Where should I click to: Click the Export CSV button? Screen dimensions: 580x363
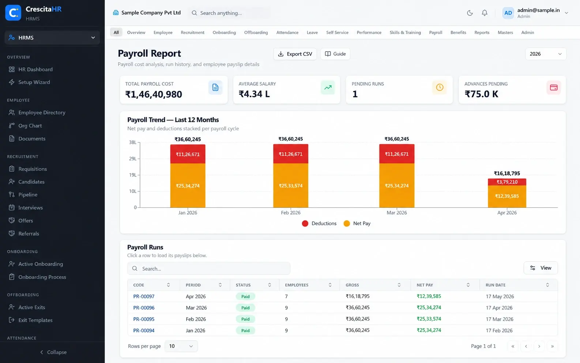pos(295,54)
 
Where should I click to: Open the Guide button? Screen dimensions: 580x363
pos(335,54)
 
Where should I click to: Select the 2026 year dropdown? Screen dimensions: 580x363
pos(546,54)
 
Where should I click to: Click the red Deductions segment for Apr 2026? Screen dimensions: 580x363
pos(507,182)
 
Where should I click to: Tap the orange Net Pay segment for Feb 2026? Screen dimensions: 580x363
pos(290,186)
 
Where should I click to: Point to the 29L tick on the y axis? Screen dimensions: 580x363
pos(133,158)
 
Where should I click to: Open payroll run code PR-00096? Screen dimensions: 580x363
pos(144,308)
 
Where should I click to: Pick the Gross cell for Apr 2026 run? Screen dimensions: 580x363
pos(358,296)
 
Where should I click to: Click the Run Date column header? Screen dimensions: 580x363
pos(495,285)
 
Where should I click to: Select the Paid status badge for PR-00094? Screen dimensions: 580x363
pos(245,330)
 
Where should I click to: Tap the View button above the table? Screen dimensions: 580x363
pos(541,268)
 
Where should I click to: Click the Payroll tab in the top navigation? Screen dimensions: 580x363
pos(436,33)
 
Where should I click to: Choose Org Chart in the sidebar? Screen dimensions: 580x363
pos(30,126)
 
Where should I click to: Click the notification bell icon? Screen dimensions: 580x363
pos(485,13)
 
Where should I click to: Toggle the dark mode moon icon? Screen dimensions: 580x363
pos(470,13)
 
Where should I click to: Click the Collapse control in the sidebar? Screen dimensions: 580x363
pos(53,352)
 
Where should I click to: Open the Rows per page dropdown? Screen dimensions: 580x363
pos(181,346)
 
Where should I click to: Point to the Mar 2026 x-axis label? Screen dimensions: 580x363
pos(396,213)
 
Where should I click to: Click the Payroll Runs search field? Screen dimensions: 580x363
pos(209,269)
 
